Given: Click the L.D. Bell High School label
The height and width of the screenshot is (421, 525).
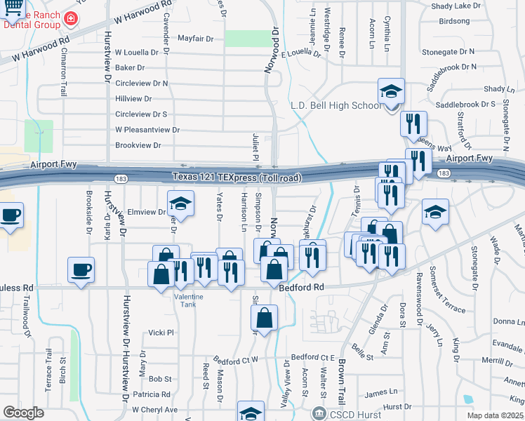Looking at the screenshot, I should (x=336, y=106).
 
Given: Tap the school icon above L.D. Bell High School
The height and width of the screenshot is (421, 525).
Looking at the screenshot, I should (x=392, y=92).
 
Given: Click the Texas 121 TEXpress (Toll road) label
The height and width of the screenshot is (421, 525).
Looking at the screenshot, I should (x=238, y=178).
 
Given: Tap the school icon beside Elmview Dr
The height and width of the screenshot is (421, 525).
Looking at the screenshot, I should (x=181, y=203).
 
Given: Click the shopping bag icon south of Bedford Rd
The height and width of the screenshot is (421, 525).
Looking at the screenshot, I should (x=264, y=319).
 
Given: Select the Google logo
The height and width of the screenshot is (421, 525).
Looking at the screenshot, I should (x=23, y=413).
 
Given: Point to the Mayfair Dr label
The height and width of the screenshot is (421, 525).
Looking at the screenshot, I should (x=194, y=39).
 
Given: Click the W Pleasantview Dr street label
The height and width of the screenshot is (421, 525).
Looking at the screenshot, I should (x=147, y=130).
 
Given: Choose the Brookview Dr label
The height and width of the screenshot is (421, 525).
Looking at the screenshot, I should (x=138, y=145).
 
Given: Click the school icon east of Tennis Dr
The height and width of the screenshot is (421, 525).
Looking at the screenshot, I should (x=435, y=211).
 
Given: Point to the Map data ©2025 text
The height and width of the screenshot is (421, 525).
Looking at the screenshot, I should (x=496, y=415).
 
